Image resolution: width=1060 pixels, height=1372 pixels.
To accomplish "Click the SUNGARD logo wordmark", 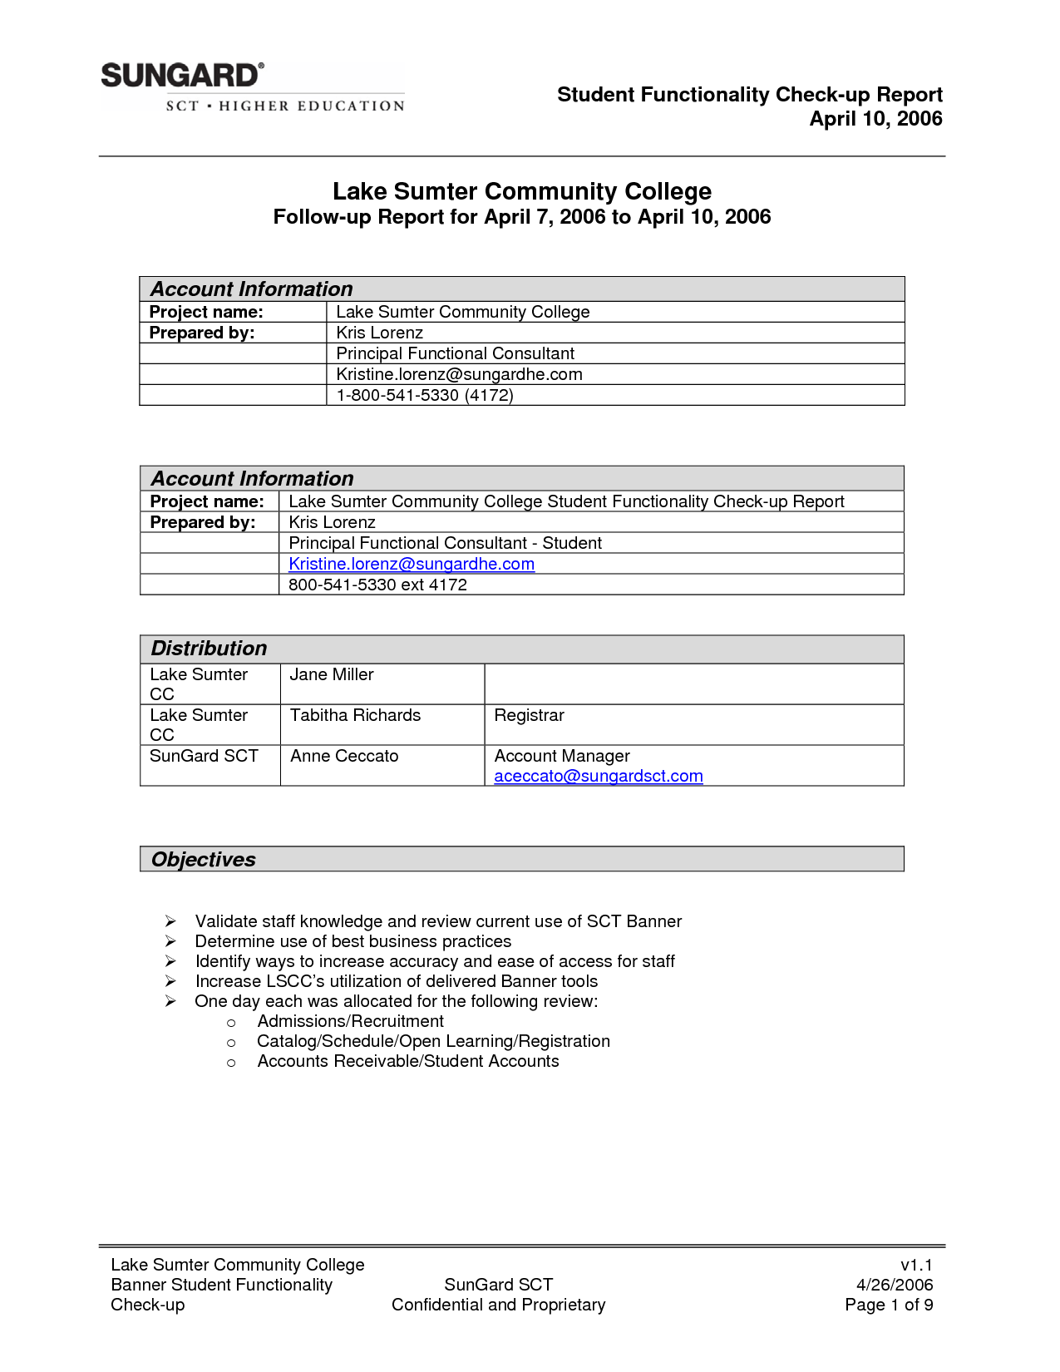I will [181, 76].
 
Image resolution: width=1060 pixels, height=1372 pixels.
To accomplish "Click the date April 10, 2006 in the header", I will [875, 119].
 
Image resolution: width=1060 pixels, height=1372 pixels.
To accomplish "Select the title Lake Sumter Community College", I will [522, 191].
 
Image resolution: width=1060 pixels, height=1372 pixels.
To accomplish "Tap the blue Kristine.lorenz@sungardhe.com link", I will [412, 564].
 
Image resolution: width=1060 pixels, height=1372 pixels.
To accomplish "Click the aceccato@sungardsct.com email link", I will [599, 776].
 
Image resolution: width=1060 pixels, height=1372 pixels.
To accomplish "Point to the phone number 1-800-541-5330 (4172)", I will [425, 395].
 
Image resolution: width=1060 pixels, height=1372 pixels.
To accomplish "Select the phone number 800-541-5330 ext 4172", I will [377, 585].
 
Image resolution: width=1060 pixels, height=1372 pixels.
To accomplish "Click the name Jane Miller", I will [332, 674].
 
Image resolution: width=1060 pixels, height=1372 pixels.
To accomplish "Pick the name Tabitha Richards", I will [355, 715].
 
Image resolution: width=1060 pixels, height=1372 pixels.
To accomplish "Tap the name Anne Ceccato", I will [344, 756].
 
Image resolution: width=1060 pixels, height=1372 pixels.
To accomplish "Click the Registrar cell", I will [529, 715].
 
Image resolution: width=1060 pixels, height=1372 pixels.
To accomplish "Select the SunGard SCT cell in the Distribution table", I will [204, 756].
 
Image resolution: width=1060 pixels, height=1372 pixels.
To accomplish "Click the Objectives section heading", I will [204, 860].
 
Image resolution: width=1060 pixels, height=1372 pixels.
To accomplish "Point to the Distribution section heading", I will [209, 649].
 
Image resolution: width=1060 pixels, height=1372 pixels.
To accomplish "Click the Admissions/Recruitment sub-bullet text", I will [350, 1021].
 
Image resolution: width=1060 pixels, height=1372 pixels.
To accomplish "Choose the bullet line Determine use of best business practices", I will [353, 941].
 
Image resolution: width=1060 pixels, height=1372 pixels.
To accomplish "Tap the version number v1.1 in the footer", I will [916, 1265].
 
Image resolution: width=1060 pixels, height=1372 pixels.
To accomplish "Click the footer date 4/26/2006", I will [895, 1285].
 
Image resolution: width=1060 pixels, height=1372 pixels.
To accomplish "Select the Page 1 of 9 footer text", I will [889, 1305].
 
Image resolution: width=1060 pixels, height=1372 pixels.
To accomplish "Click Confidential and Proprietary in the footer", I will [498, 1305].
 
